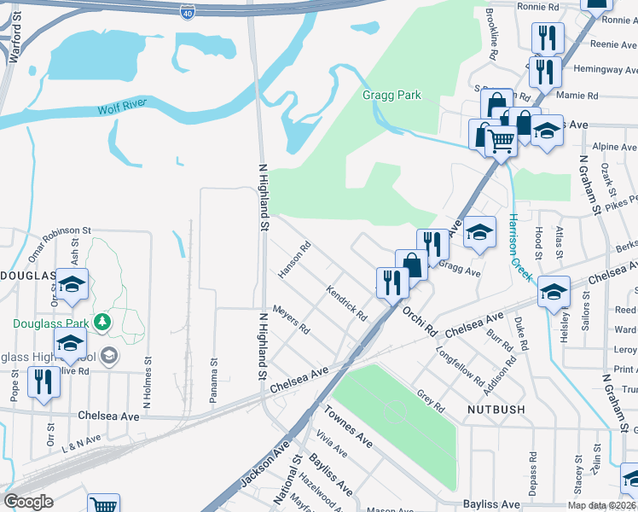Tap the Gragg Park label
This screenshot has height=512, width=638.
pos(391,96)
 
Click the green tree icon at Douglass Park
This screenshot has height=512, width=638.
pos(102,321)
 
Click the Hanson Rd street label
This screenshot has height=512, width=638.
pos(294,261)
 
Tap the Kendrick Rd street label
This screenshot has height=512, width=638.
pos(346,303)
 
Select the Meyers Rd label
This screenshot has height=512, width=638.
pos(289,319)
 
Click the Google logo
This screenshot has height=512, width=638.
pos(28,502)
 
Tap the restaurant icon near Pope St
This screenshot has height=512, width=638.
pos(42,383)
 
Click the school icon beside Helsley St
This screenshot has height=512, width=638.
pos(554,293)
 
